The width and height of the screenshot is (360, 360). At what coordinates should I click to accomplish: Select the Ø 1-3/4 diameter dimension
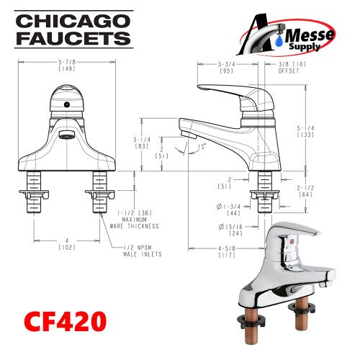pyautogui.click(x=232, y=209)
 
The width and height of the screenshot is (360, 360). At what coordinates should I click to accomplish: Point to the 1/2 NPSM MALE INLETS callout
pyautogui.click(x=142, y=251)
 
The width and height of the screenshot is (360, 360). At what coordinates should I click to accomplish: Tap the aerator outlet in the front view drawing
pyautogui.click(x=66, y=135)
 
